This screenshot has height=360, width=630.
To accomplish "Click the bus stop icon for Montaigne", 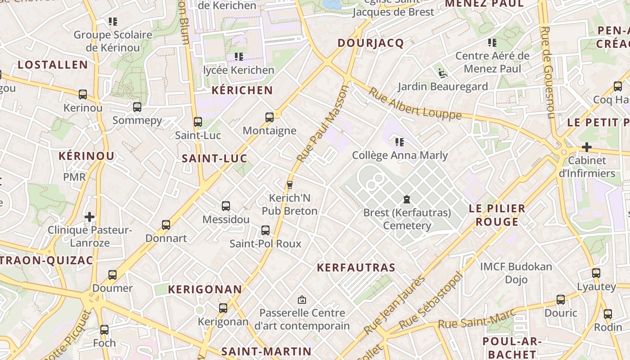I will pos(269,117).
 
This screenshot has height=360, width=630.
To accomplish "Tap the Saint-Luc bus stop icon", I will pos(198,122).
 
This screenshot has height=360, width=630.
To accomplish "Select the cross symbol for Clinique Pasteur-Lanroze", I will pos(90,217).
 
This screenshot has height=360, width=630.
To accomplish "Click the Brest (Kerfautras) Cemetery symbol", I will pos(407,199).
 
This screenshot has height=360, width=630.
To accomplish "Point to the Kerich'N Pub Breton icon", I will pos(289,184).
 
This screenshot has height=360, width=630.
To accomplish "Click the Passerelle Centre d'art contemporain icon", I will pos(302,299).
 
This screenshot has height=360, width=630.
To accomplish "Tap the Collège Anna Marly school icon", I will pos(399,142).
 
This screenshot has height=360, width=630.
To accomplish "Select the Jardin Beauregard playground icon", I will pos(442,73).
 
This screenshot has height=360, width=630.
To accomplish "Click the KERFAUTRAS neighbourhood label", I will pos(356,268).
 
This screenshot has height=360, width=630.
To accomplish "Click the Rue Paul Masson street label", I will pos(323,124).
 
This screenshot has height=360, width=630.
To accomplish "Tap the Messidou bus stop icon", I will pos(226,206).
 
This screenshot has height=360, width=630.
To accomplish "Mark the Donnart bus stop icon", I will pos(166,225).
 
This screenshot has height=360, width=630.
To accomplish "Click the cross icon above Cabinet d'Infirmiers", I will pos(586,147).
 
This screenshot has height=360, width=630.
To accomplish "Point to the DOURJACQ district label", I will pos(370,43).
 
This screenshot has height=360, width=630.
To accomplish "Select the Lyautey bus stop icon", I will pos(596,273).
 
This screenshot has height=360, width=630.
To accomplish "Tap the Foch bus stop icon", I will pos(104,330).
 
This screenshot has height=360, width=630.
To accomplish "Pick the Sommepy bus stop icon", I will pos(137,107).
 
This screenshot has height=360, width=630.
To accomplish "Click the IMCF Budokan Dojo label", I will pos(516,273).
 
